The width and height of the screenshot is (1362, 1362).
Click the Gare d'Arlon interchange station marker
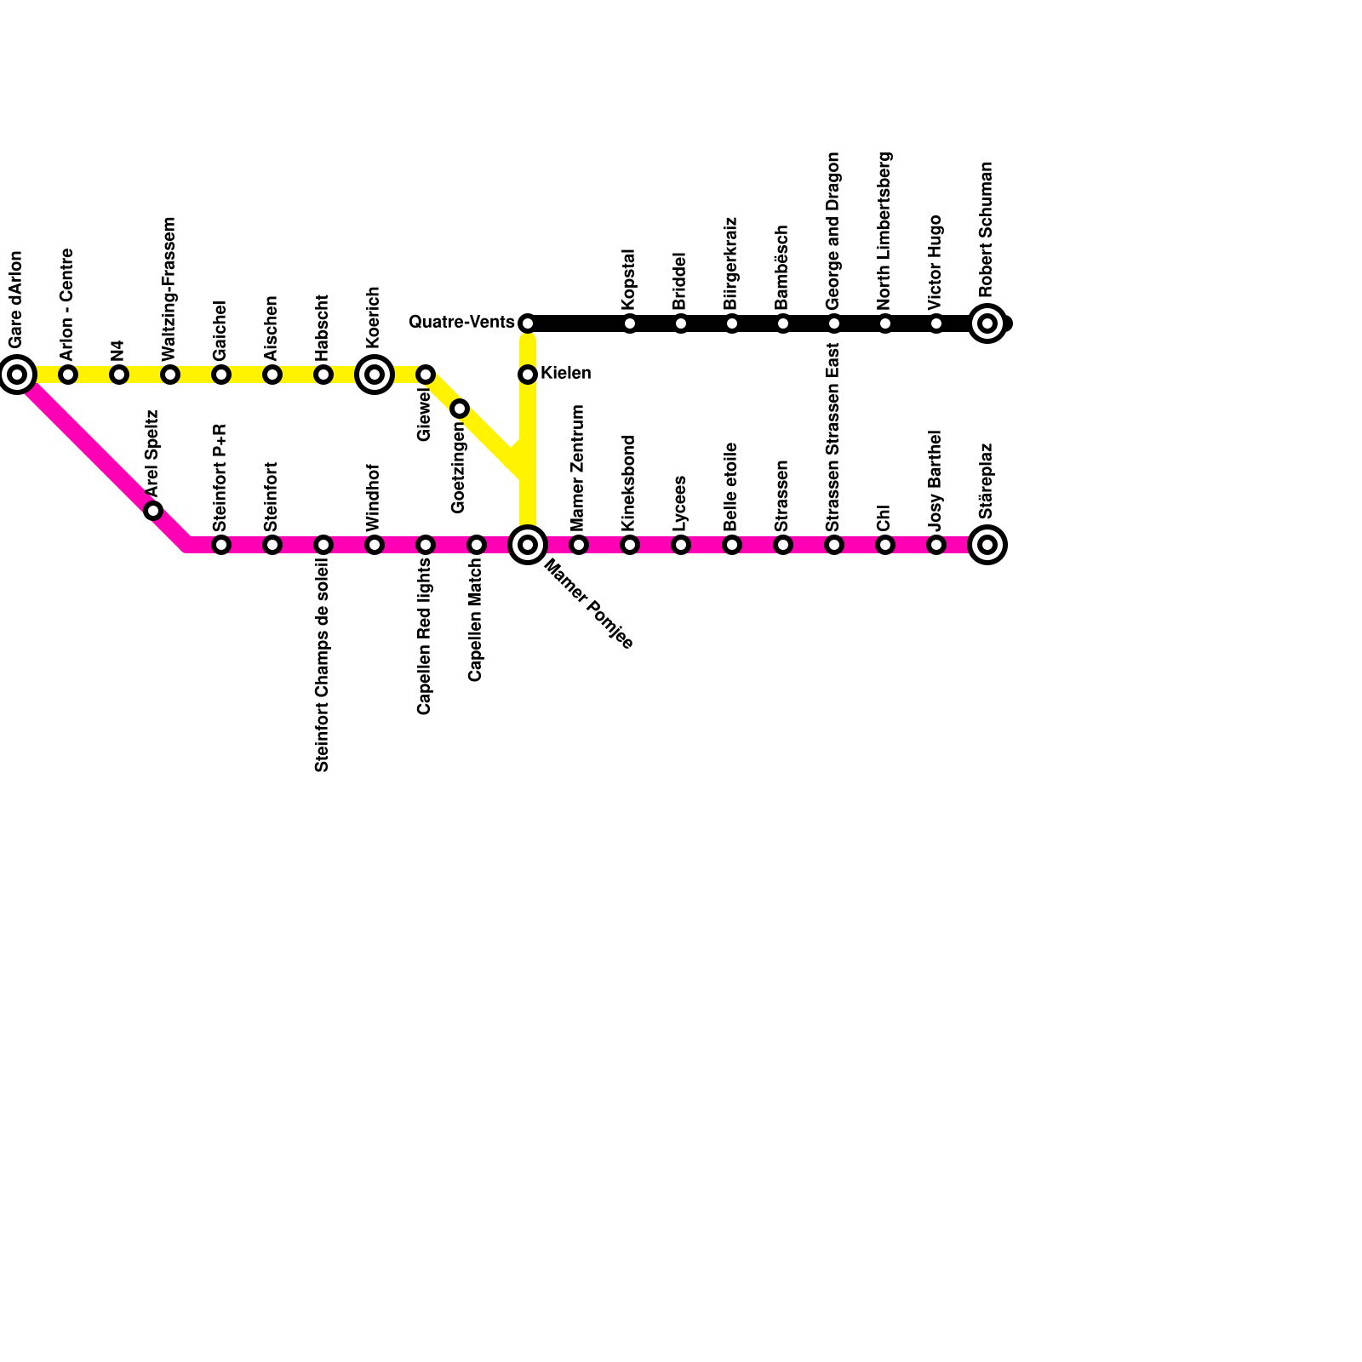17,375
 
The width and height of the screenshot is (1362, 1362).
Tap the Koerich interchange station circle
375,375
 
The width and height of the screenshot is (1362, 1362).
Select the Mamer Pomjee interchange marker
528,545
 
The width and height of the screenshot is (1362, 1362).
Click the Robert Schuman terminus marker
987,323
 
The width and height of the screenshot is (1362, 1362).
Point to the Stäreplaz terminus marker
987,545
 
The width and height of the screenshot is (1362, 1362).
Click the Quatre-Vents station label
461,323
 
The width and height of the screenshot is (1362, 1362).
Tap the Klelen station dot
528,375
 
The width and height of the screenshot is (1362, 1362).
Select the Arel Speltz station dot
153,511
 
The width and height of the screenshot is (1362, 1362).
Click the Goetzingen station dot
460,409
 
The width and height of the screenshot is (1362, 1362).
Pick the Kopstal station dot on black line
630,323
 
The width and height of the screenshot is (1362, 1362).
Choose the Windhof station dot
375,545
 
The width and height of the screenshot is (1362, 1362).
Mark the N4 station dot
119,375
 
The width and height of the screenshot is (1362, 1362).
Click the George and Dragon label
833,231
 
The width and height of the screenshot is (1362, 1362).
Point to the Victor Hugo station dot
936,323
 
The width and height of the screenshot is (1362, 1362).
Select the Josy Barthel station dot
936,545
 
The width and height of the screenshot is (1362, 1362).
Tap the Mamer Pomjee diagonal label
588,604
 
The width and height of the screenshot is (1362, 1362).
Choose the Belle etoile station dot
732,545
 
